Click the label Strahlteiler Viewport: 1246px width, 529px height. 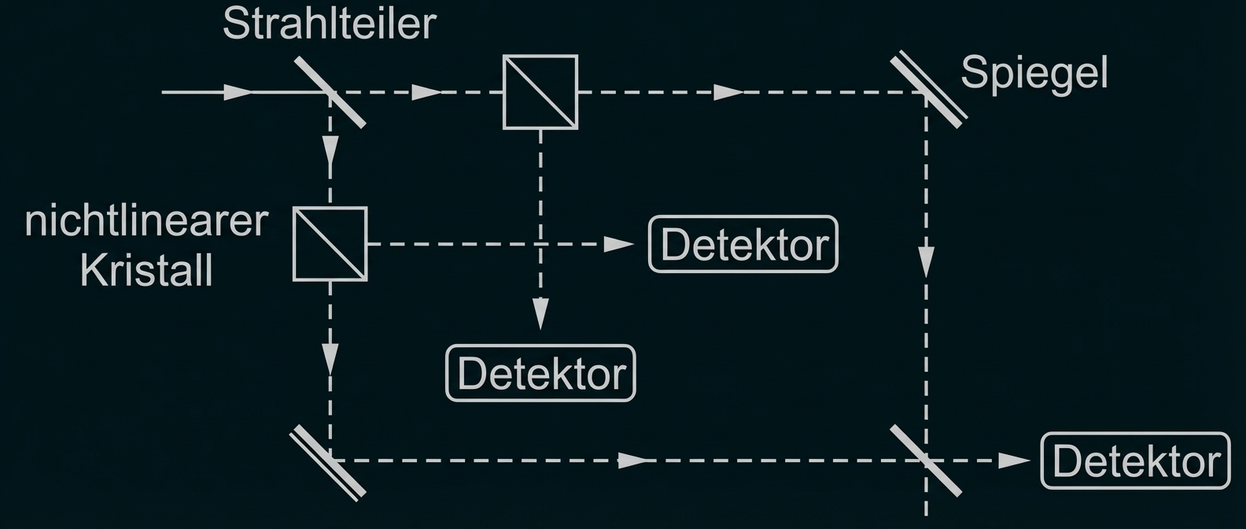point(329,24)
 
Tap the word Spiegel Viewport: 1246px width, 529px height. point(1034,73)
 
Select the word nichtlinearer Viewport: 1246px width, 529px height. point(146,221)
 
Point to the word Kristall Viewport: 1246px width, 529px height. point(146,271)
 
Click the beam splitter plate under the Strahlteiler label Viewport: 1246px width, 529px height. point(331,92)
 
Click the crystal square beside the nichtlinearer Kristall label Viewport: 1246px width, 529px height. point(330,244)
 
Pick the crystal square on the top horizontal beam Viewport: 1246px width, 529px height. point(540,92)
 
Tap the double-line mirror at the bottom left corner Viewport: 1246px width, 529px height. point(329,462)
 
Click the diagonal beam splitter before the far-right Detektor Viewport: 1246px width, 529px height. point(926,461)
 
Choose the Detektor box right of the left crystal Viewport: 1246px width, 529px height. point(743,244)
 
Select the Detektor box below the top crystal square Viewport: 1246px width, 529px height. point(540,373)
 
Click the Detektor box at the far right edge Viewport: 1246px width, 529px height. point(1135,461)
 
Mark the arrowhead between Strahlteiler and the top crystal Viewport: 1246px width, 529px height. point(427,92)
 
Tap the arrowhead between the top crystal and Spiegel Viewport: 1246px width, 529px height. point(728,92)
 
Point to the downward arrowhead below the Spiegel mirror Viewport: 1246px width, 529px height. point(927,261)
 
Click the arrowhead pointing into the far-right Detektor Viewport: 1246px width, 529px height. point(1013,461)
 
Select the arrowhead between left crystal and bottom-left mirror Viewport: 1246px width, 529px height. point(330,357)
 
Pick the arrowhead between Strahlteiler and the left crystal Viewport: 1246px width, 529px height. point(330,150)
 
